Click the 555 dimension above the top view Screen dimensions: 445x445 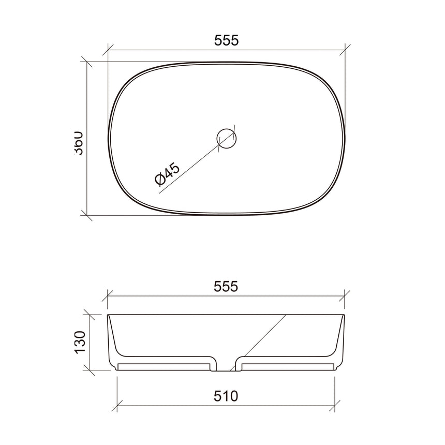[226, 41]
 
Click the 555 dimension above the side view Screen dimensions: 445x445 [226, 286]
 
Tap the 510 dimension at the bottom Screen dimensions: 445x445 [226, 396]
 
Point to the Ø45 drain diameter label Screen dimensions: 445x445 [167, 174]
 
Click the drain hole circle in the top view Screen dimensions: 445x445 [226, 138]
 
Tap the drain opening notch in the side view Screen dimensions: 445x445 [226, 366]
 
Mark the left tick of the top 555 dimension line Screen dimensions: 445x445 [108, 50]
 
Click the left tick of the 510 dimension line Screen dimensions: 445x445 [118, 405]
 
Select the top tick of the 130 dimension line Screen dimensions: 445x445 [89, 315]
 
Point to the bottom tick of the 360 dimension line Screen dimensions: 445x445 [87, 214]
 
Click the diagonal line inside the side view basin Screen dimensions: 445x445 [264, 336]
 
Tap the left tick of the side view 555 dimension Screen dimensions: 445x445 [108, 296]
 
